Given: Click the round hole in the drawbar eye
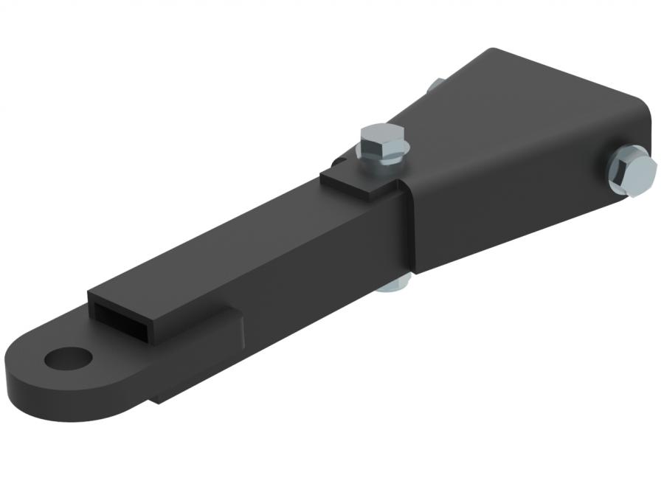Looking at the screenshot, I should [x=69, y=359].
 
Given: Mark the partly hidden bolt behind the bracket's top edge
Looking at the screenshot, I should [x=437, y=85].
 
